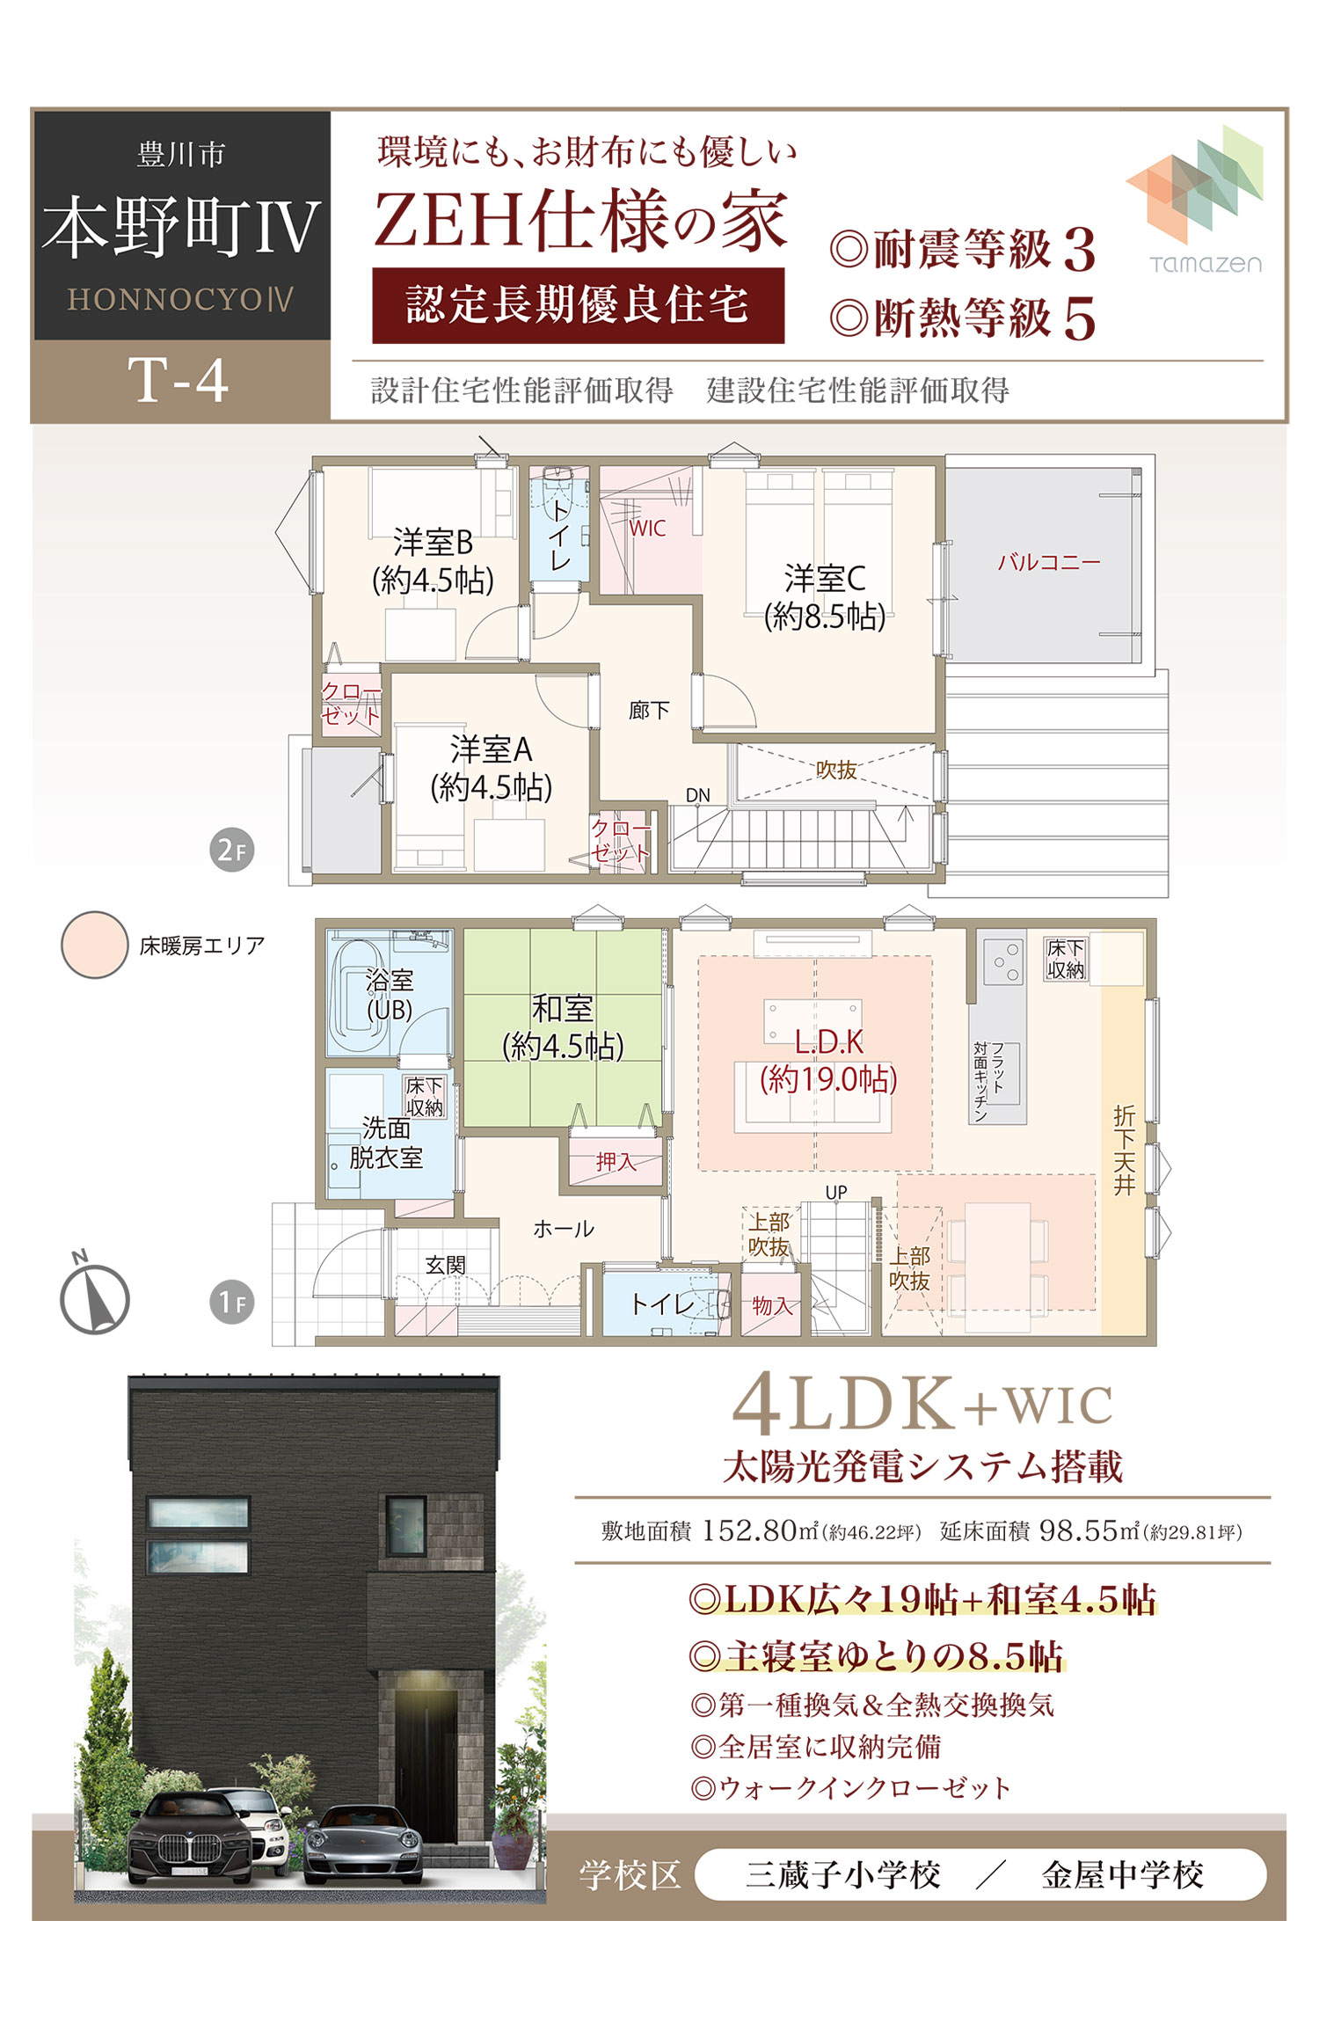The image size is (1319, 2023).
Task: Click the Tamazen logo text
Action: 1206,264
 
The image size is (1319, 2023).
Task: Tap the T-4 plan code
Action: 179,381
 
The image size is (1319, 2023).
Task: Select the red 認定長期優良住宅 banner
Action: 578,305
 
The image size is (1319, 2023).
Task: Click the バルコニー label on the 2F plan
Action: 1048,562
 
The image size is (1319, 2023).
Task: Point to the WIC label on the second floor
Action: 647,529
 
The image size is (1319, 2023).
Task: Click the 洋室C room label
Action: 825,579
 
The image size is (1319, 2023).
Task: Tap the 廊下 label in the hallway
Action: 649,710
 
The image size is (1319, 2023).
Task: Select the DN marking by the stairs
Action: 697,795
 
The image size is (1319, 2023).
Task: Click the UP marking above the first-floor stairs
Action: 835,1192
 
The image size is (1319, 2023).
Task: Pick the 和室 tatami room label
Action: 563,1008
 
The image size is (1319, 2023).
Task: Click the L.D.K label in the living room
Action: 828,1042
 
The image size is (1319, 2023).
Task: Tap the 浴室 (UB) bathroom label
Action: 390,995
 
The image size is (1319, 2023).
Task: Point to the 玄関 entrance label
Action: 445,1265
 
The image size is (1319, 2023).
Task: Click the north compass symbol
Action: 94,1298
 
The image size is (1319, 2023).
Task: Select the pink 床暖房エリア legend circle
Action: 94,945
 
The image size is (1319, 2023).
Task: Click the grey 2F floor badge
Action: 232,850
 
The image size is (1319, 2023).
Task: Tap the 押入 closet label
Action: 615,1162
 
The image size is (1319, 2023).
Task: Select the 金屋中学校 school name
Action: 1122,1875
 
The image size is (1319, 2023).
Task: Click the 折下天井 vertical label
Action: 1125,1150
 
